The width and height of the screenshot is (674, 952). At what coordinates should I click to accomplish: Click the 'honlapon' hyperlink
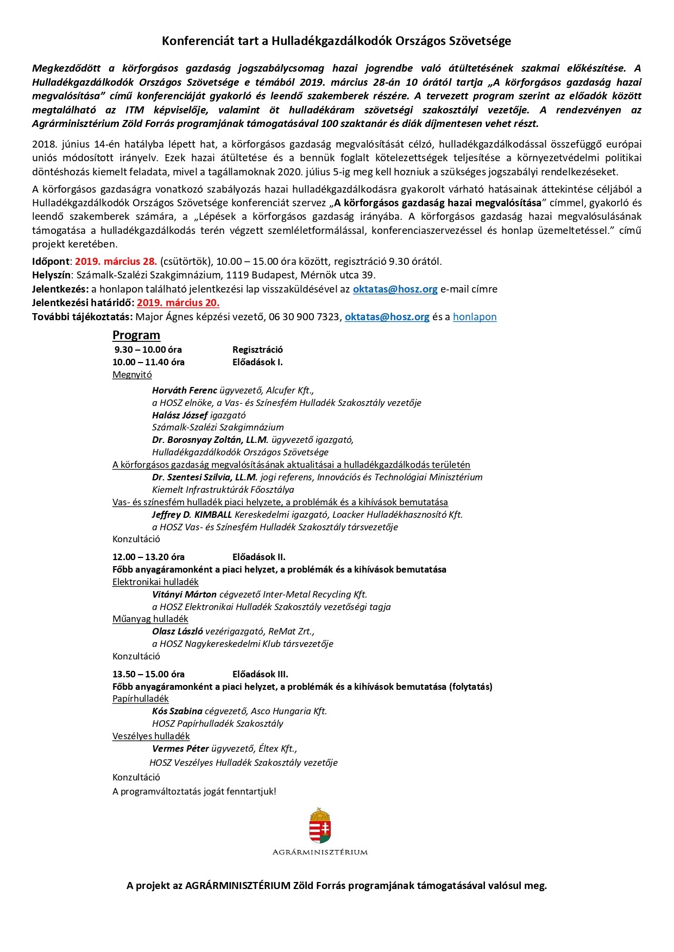(x=474, y=317)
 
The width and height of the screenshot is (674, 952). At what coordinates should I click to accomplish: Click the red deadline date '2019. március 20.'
(x=178, y=303)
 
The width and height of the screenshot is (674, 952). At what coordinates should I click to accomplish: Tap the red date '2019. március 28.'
(x=116, y=261)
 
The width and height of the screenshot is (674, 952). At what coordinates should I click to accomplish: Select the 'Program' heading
(x=136, y=335)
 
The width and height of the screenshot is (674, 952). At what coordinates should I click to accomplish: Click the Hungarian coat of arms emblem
(x=320, y=826)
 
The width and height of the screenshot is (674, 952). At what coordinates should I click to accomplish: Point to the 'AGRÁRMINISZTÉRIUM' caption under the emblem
(x=320, y=852)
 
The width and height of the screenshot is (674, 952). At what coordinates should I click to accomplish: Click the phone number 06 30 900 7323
(x=305, y=317)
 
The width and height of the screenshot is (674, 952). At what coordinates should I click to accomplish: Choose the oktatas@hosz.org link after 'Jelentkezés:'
(x=395, y=289)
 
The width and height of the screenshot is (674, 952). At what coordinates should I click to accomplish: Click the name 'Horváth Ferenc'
(x=185, y=390)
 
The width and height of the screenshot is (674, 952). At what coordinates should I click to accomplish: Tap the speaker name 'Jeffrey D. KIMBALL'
(x=192, y=515)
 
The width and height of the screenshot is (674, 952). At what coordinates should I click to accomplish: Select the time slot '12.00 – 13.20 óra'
(x=148, y=557)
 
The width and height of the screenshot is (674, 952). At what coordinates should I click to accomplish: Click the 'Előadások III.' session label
(x=260, y=674)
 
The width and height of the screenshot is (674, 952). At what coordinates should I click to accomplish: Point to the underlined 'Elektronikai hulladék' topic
(x=155, y=582)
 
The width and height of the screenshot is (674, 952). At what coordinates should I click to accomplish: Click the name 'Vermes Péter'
(x=180, y=749)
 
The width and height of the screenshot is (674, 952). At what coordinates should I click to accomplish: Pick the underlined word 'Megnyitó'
(x=132, y=375)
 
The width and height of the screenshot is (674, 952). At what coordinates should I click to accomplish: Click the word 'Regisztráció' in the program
(x=257, y=350)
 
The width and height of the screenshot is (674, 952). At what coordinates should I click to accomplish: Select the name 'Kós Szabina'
(x=177, y=711)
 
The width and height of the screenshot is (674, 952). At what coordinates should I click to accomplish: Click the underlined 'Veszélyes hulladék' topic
(x=151, y=736)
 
